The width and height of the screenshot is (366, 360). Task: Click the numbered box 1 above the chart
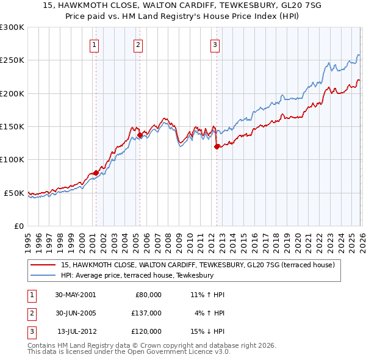(x=95, y=44)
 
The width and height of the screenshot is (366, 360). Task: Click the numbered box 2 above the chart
(x=139, y=44)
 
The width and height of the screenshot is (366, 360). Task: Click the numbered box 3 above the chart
(x=215, y=44)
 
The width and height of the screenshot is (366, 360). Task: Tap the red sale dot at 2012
(x=217, y=146)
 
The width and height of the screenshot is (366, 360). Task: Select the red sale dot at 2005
(x=140, y=135)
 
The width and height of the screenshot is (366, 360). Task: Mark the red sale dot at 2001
(x=96, y=173)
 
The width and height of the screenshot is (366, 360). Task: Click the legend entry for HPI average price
(x=137, y=276)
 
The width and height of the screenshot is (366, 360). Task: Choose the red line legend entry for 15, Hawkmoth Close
(x=198, y=265)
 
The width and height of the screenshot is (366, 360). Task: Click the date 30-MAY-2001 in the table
(x=75, y=295)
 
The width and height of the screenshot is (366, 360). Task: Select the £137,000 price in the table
(x=146, y=313)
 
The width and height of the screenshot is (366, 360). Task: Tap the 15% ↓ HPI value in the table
(x=207, y=331)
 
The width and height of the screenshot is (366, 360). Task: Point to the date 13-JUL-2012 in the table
(x=75, y=331)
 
